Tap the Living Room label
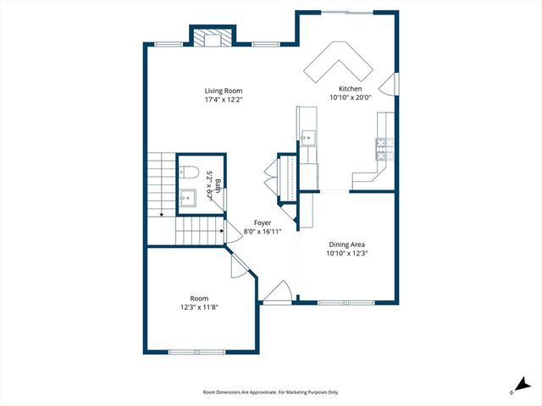click(x=224, y=91)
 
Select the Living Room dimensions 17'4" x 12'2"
click(x=224, y=100)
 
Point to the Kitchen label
click(x=351, y=89)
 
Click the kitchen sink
click(x=307, y=137)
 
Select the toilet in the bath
click(x=188, y=171)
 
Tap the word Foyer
click(x=263, y=222)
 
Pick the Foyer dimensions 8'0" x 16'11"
click(x=263, y=232)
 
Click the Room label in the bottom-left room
click(x=199, y=298)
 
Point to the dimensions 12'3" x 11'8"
click(x=199, y=307)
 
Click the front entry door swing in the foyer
click(x=277, y=293)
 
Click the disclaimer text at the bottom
click(x=271, y=392)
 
